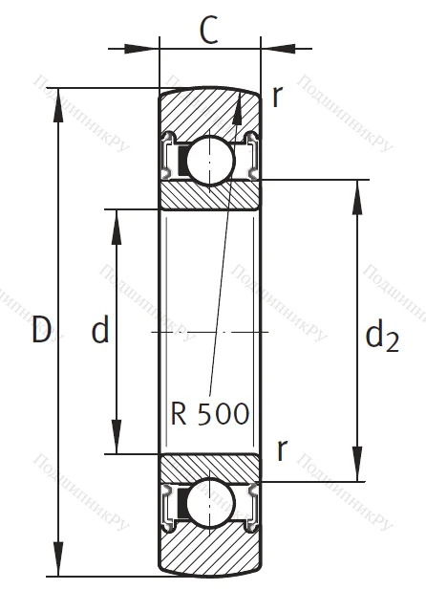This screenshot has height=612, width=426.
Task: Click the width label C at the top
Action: point(211,32)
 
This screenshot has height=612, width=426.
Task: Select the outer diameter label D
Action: point(41,331)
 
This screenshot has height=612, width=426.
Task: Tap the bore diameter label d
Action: point(99,331)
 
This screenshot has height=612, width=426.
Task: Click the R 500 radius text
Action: point(210,413)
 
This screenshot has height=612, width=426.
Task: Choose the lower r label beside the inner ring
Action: point(281,449)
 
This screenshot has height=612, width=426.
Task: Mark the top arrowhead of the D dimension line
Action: point(63,97)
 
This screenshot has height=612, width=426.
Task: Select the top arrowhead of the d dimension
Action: point(117,216)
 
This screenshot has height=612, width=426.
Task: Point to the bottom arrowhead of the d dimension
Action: point(117,445)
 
